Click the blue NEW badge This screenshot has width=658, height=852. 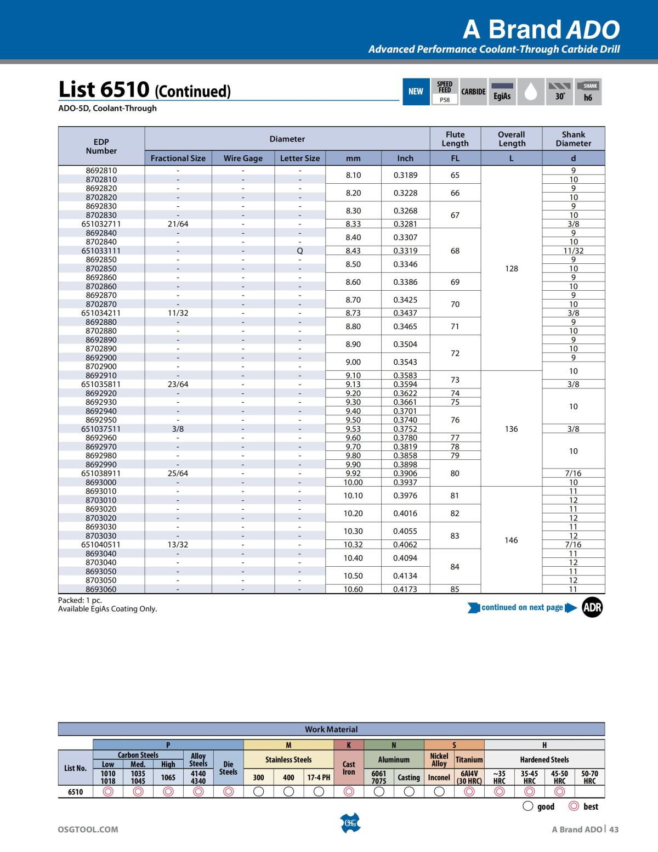coord(416,92)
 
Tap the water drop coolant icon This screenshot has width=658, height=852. coord(530,92)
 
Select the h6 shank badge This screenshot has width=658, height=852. coord(588,92)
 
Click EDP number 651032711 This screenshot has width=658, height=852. coord(101,224)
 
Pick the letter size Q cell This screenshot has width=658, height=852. coord(300,251)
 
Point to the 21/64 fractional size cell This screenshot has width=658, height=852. coord(178,224)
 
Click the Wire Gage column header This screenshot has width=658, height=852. coord(243,158)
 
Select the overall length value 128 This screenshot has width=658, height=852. coord(511,268)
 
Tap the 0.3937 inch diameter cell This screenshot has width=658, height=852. coord(405,482)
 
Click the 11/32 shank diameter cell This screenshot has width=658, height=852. coord(573,251)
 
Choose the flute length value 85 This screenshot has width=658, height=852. coord(455,589)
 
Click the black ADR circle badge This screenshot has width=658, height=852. coord(592,607)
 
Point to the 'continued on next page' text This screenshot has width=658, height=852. coord(522,607)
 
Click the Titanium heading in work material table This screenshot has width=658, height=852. coord(469,760)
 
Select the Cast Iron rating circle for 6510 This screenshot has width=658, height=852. coord(349,792)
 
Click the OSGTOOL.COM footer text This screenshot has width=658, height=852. coord(88,830)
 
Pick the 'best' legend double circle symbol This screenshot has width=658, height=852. coord(574,806)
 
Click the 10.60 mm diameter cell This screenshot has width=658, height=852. coord(353,589)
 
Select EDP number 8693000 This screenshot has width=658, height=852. coord(101,482)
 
